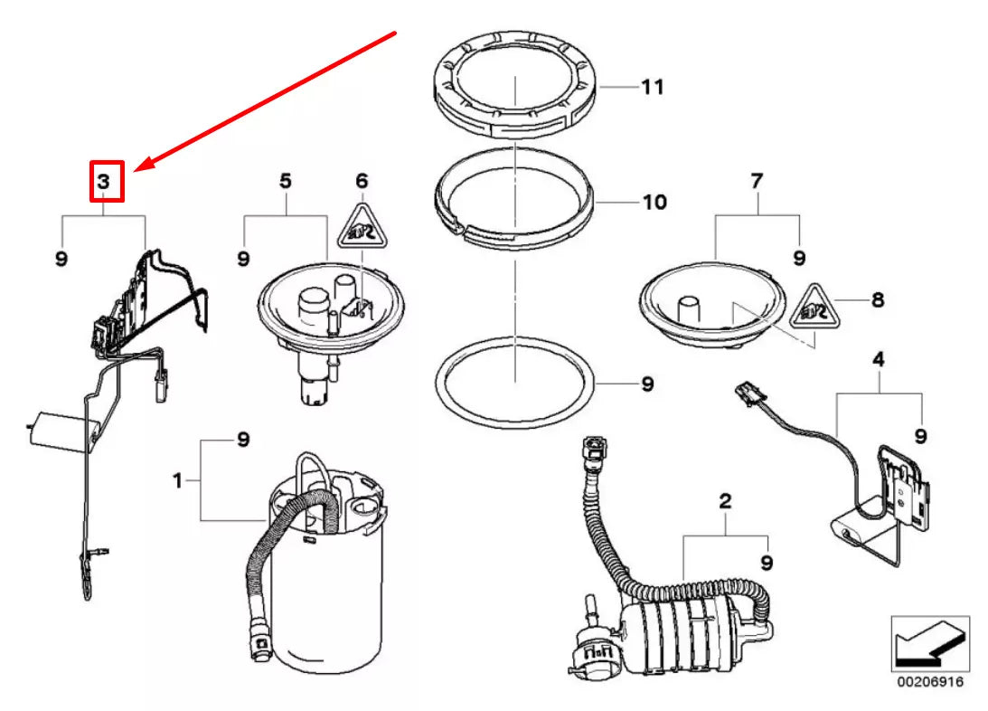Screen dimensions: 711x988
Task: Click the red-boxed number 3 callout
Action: [x=106, y=181]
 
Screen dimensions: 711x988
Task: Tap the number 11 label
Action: [x=653, y=88]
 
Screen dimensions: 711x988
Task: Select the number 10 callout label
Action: [x=654, y=202]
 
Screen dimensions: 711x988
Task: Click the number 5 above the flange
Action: [x=285, y=182]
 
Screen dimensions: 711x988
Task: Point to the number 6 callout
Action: [x=362, y=182]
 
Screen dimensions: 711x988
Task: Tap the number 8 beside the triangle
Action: [x=876, y=299]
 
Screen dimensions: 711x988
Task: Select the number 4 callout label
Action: [x=877, y=360]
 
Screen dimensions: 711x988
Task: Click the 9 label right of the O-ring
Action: [x=647, y=384]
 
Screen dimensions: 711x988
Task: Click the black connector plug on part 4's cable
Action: [x=746, y=395]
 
